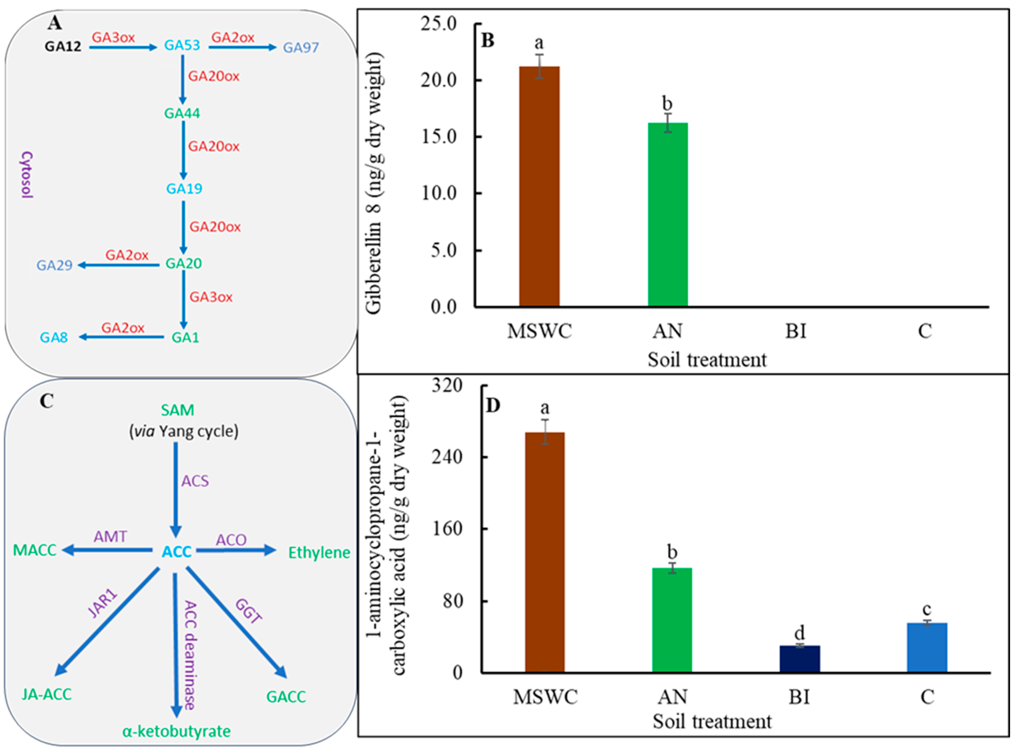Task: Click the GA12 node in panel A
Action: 63,47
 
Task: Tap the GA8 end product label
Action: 54,338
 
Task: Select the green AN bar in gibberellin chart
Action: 668,215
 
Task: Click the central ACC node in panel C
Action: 177,552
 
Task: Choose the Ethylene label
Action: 319,553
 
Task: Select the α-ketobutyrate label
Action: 177,731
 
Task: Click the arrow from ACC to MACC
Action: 107,551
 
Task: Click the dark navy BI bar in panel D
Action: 799,659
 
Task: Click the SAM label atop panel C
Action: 177,410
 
